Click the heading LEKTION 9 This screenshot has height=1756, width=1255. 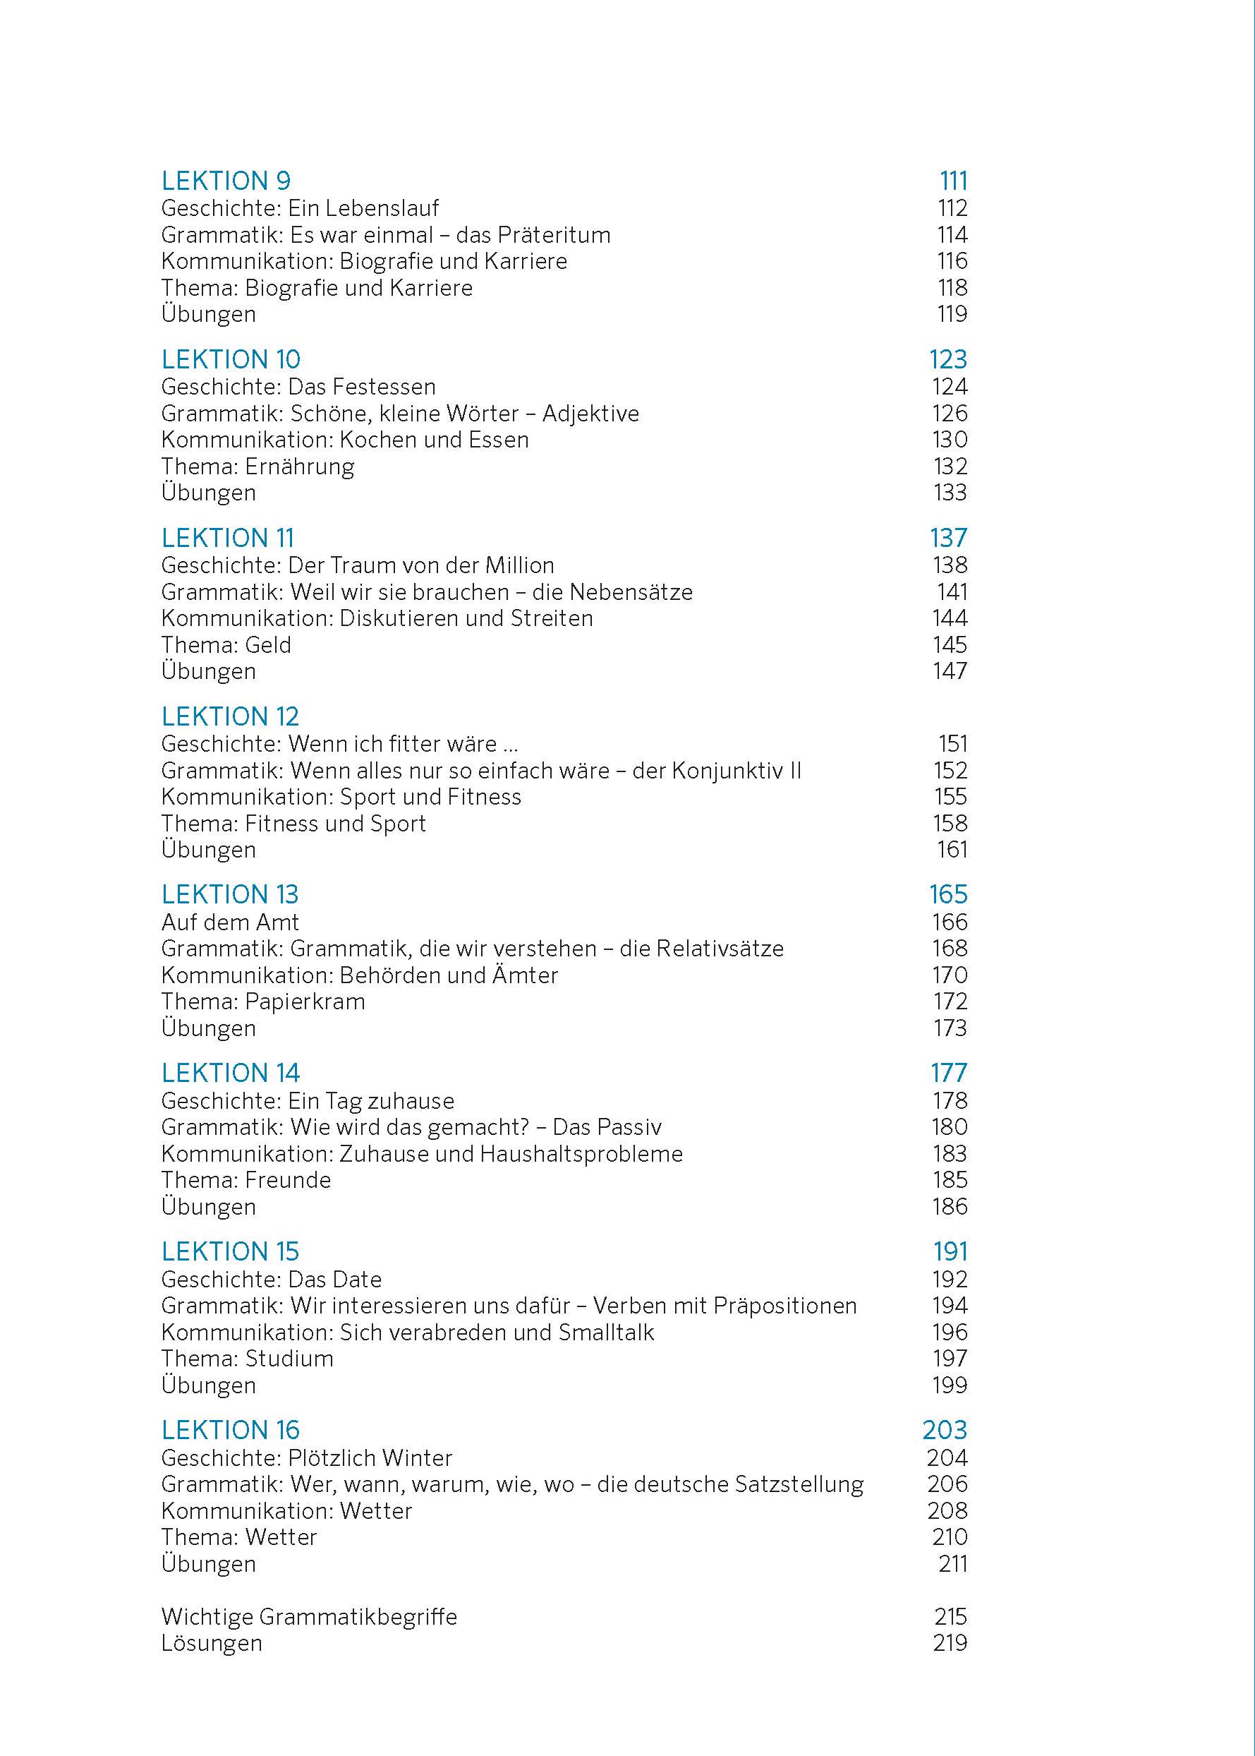tap(226, 181)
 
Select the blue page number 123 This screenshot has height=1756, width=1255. tap(947, 359)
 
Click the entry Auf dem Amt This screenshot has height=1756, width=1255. tap(229, 922)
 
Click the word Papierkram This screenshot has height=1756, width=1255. tap(305, 1002)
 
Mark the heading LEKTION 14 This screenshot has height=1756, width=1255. tap(230, 1074)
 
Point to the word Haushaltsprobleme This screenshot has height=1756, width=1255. tap(581, 1154)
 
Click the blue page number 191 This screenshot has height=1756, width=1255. tap(950, 1251)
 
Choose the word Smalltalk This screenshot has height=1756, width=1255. tap(606, 1333)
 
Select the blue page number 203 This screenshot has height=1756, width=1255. tap(945, 1430)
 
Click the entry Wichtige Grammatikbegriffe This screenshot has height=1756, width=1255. tap(309, 1616)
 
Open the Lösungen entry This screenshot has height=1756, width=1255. tap(212, 1642)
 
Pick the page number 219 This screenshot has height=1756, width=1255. tap(949, 1642)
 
